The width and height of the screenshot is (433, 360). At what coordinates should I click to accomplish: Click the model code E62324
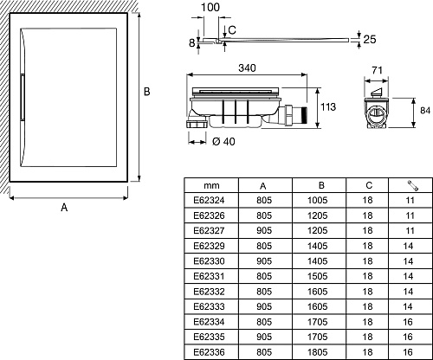[209, 200]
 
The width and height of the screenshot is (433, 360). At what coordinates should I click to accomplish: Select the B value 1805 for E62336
[318, 352]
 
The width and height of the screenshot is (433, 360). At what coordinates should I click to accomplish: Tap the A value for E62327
[264, 230]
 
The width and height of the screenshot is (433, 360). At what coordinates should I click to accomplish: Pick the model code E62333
[209, 306]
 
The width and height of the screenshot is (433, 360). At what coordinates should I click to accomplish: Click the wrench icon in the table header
[413, 185]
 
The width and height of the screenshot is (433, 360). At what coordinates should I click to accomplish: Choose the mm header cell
[211, 185]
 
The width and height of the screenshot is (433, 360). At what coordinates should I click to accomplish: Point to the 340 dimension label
[247, 68]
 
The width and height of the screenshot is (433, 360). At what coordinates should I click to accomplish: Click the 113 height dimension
[328, 107]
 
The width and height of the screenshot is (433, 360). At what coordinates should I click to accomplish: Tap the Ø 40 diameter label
[223, 142]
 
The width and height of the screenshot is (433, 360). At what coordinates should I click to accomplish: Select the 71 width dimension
[377, 70]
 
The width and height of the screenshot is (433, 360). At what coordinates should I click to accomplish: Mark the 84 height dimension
[425, 111]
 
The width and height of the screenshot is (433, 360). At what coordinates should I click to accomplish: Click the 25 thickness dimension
[370, 39]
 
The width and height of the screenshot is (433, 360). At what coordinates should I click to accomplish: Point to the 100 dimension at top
[210, 7]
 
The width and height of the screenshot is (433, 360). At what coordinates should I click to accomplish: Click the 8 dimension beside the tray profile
[192, 43]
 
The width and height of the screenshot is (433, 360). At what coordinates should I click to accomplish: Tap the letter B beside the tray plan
[147, 92]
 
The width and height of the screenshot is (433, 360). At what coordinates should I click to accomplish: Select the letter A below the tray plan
[64, 207]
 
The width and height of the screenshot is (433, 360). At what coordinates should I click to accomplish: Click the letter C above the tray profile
[232, 30]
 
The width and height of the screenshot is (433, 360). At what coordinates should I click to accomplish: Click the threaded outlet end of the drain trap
[303, 114]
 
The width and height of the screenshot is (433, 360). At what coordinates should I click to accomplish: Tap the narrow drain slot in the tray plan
[23, 97]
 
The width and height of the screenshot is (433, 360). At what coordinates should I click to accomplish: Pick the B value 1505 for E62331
[318, 276]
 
